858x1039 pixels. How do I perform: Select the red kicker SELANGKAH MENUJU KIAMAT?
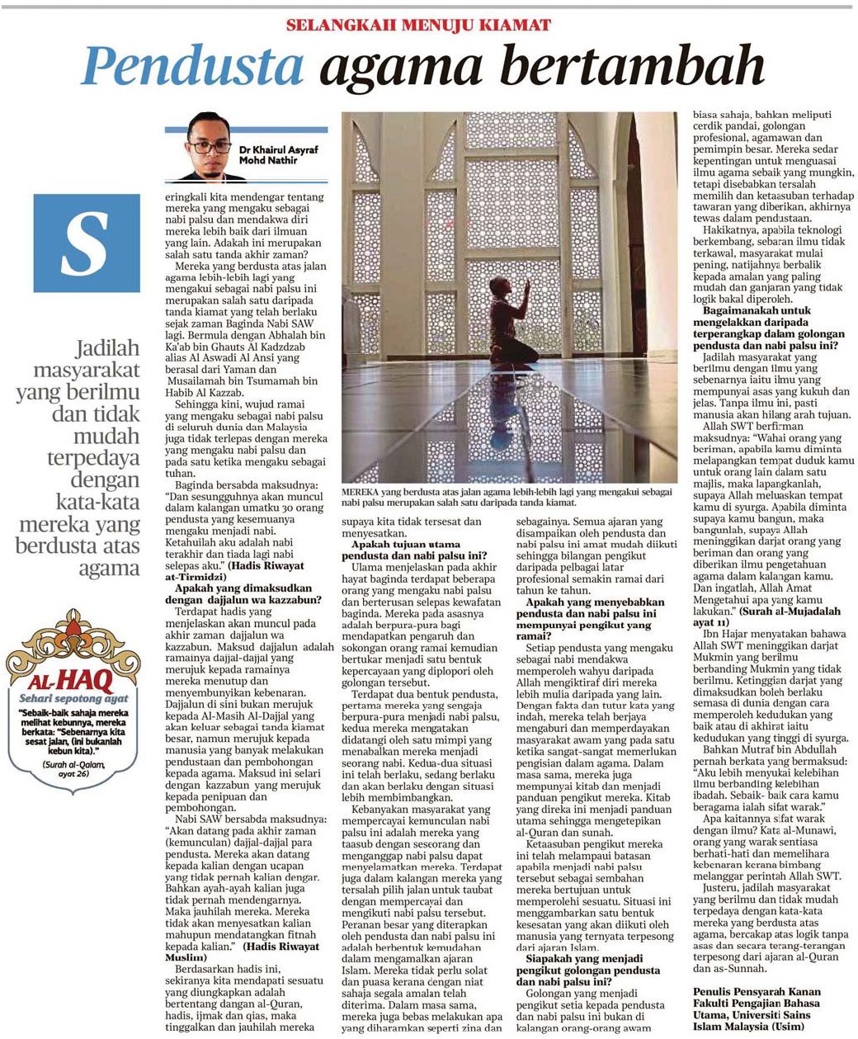click(x=418, y=25)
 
